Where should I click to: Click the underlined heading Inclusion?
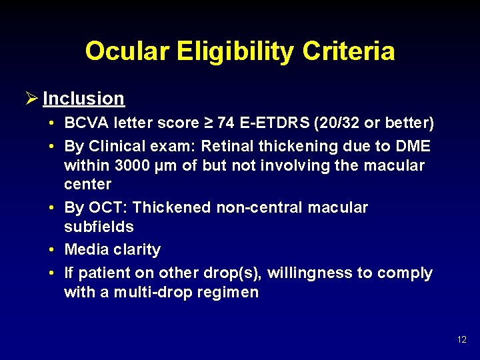83,99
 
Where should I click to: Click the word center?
87,184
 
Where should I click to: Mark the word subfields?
99,227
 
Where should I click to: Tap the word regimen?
227,293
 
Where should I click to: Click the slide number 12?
462,340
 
